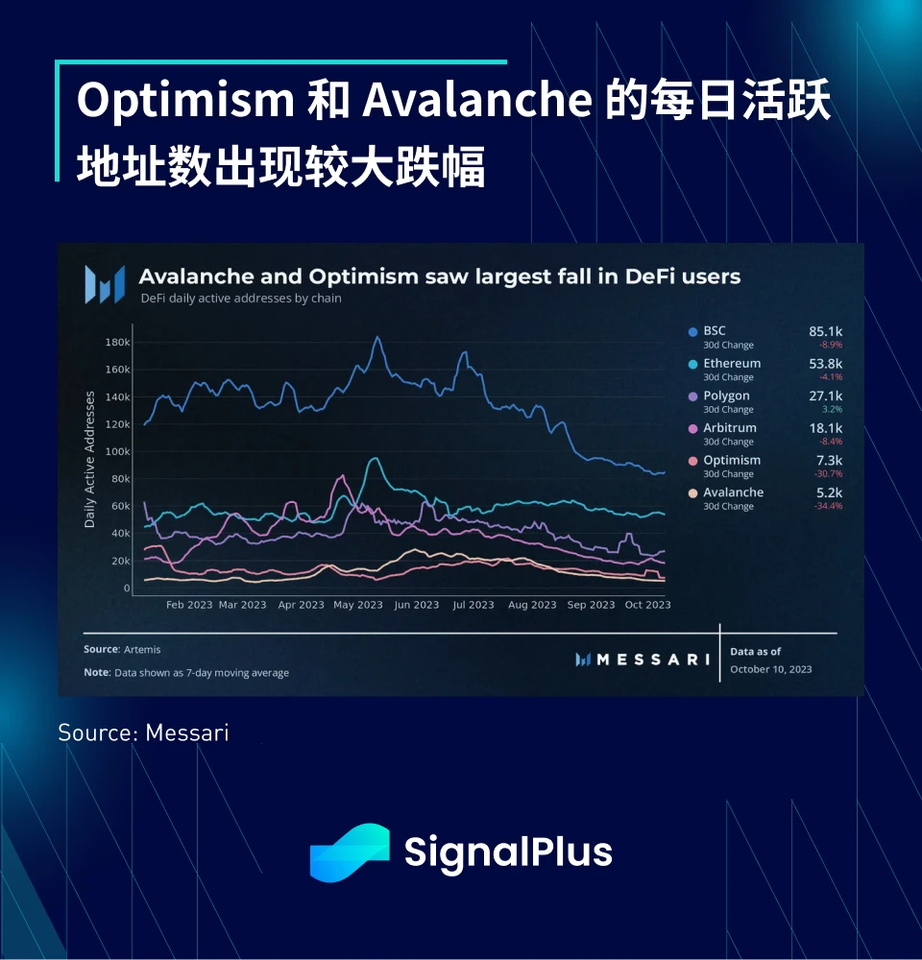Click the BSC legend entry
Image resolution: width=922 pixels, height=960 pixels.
[715, 331]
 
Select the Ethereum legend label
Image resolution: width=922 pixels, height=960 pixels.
[731, 364]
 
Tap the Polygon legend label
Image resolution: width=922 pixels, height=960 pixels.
[726, 396]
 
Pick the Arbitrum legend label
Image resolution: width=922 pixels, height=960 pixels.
[729, 428]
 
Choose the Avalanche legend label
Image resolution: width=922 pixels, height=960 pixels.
[733, 492]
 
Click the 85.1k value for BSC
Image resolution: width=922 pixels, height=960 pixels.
[825, 331]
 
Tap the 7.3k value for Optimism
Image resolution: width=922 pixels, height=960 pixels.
[829, 460]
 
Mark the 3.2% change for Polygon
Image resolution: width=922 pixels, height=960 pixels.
[832, 409]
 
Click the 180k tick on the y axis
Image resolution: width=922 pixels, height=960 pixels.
[117, 342]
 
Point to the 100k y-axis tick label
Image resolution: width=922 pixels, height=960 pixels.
[117, 451]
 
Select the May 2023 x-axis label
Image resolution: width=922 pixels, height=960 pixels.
[357, 605]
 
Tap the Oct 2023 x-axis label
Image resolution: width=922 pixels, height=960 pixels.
[646, 605]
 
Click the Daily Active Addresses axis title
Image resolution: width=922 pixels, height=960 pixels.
[90, 459]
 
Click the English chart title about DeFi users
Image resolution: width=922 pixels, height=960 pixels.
[440, 277]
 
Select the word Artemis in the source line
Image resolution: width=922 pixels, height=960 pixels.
[142, 650]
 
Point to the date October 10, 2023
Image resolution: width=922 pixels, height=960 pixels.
[770, 668]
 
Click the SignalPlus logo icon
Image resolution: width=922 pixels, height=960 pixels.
[350, 852]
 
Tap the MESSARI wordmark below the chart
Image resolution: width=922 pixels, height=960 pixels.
[652, 660]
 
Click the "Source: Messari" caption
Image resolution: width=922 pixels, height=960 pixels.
[143, 733]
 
